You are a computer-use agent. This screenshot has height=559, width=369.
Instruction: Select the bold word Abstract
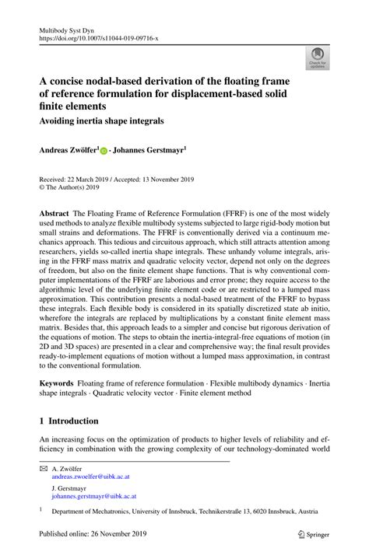pyautogui.click(x=54, y=212)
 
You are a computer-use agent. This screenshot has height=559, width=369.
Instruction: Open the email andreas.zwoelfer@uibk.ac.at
pyautogui.click(x=95, y=480)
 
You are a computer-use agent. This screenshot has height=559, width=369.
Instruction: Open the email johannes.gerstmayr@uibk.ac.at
pyautogui.click(x=94, y=495)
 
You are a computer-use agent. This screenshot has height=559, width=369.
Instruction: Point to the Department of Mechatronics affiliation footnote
pyautogui.click(x=184, y=513)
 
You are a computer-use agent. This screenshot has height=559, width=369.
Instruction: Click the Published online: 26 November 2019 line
pyautogui.click(x=94, y=536)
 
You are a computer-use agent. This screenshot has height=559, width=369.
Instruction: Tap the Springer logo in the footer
pyautogui.click(x=309, y=536)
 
